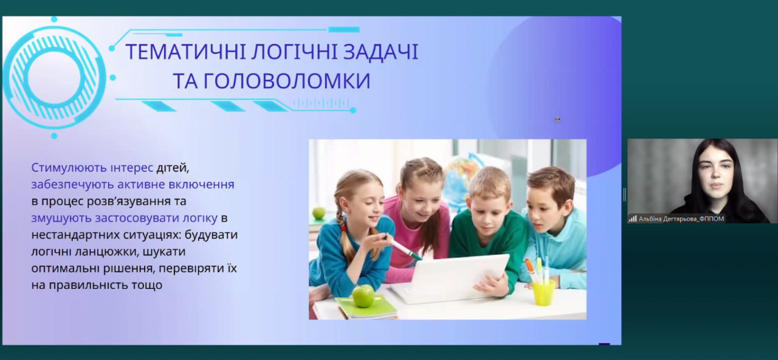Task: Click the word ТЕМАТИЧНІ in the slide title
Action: [x=186, y=52]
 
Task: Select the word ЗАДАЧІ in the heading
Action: [x=380, y=52]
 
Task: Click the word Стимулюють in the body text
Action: [x=68, y=167]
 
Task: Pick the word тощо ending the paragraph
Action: [x=146, y=285]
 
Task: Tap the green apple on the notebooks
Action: [x=363, y=296]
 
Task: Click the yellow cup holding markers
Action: [x=543, y=293]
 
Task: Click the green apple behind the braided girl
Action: [x=318, y=213]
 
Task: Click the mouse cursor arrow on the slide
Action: [x=557, y=119]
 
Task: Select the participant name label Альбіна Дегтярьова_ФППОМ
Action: [x=681, y=219]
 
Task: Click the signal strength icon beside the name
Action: [x=633, y=219]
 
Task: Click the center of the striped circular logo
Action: [x=54, y=77]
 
